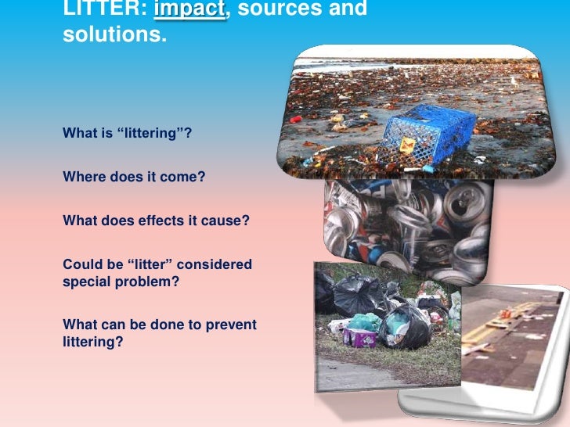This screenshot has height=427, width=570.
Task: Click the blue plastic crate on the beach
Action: coord(431,131)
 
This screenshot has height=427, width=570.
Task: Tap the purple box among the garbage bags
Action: coord(361,337)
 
